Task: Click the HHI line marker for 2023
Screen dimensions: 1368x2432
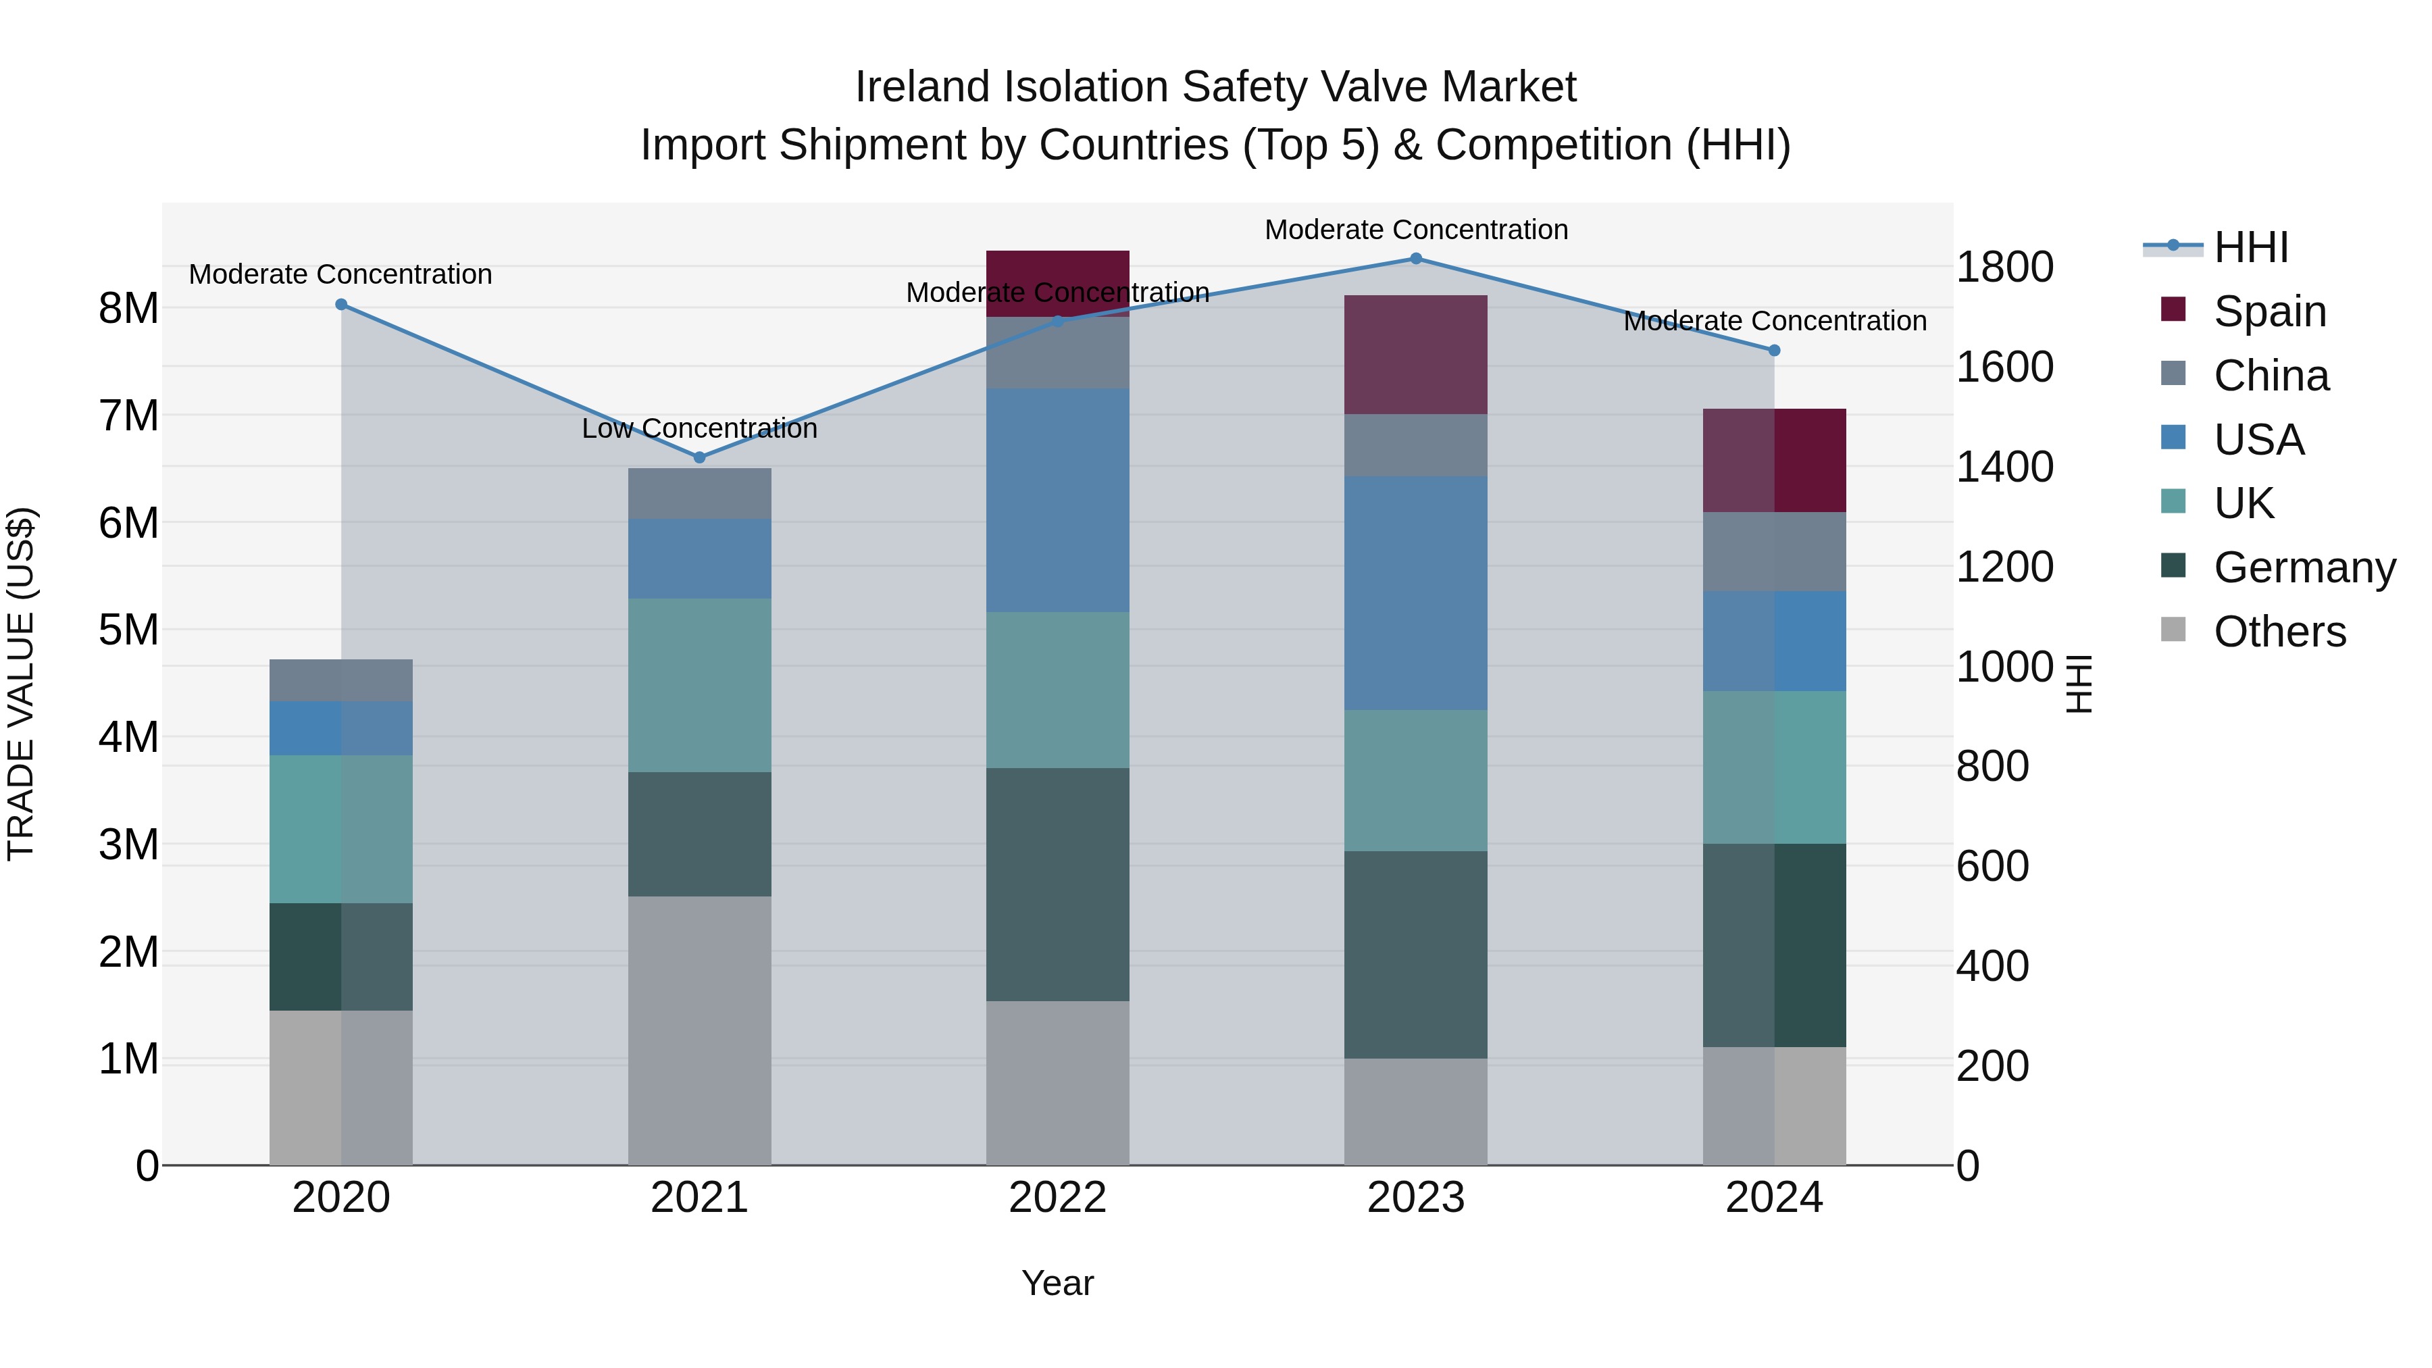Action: (1415, 259)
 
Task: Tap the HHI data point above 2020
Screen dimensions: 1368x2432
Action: (342, 305)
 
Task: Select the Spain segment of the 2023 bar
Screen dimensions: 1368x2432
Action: (1415, 355)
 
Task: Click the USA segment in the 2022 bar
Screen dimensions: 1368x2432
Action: (1057, 501)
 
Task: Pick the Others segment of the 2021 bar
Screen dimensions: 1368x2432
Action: (700, 1030)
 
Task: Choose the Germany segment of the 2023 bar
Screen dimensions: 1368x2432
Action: (1415, 955)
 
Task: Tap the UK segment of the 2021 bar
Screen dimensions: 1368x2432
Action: (700, 686)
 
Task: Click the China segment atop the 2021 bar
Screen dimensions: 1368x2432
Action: (700, 493)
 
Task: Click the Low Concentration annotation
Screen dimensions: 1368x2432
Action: (700, 428)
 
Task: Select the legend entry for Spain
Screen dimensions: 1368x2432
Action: (2270, 311)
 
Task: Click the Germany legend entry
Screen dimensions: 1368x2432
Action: (2304, 567)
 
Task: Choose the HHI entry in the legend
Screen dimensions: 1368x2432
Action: (2251, 247)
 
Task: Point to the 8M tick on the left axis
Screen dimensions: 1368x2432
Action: (128, 309)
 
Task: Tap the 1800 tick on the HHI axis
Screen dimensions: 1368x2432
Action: (2004, 267)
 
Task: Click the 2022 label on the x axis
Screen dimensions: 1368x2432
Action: (1057, 1198)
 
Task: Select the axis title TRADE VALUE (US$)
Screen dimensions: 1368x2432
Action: (21, 684)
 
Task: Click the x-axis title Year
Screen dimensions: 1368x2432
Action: (1057, 1283)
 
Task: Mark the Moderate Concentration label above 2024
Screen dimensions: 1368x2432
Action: (1774, 321)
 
